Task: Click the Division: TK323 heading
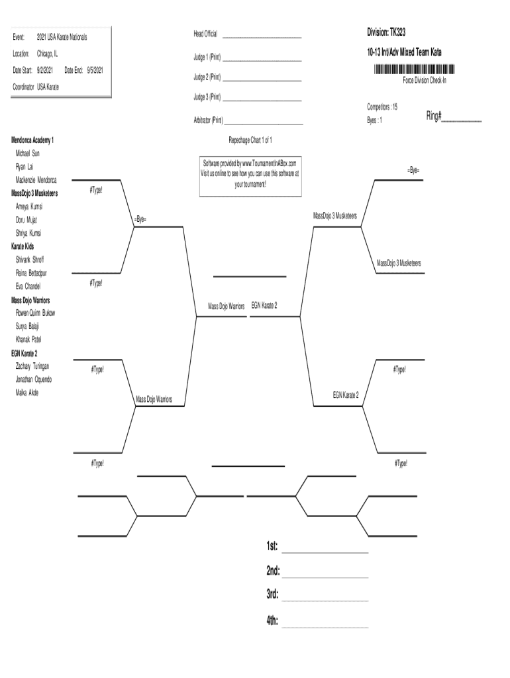(391, 32)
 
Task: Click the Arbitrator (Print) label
(208, 121)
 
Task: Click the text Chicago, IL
(47, 53)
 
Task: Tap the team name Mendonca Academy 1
(32, 140)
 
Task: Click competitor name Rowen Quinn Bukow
(36, 313)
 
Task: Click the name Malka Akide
(27, 393)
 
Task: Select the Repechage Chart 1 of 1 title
(250, 140)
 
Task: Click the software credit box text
(250, 174)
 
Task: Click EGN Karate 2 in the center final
(264, 305)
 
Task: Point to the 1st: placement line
(325, 552)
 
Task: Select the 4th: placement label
(273, 621)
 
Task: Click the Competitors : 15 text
(382, 107)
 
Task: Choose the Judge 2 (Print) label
(207, 77)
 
